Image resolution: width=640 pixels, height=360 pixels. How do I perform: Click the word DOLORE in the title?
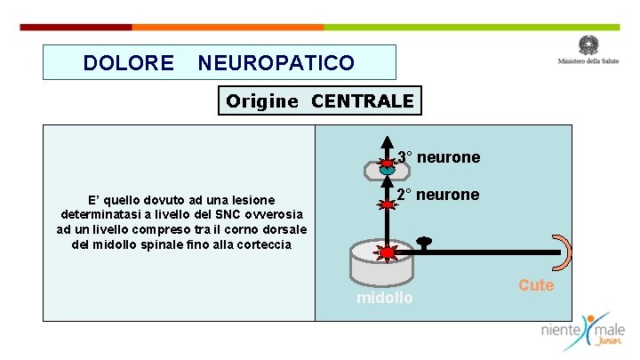(128, 63)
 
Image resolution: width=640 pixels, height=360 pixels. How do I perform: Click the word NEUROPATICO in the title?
(276, 63)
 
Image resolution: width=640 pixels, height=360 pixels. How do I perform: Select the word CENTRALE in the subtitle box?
(363, 101)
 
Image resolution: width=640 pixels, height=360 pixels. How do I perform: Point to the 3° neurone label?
(438, 157)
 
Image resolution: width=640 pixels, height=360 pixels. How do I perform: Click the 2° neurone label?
(437, 195)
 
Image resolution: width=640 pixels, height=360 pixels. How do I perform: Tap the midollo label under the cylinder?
(384, 298)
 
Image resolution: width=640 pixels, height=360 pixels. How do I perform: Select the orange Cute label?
(536, 285)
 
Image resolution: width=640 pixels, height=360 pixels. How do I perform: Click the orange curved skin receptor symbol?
(563, 252)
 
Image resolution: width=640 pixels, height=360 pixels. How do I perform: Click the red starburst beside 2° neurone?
(388, 204)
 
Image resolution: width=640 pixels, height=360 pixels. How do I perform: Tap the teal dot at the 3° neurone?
(387, 167)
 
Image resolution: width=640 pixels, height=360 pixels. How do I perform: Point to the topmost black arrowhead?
(388, 141)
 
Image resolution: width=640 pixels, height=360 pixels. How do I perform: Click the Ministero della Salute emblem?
(588, 45)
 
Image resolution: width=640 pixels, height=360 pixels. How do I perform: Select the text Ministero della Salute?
(588, 61)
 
